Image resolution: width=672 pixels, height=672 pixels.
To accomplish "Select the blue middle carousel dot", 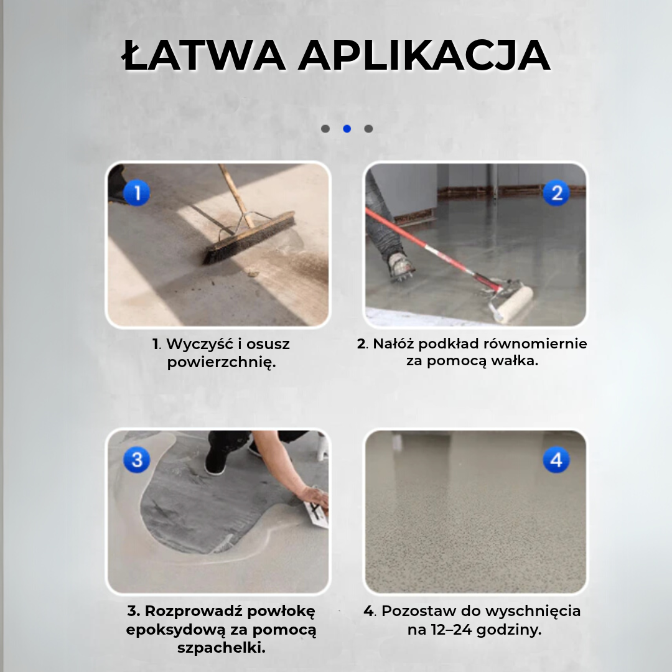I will (x=347, y=129).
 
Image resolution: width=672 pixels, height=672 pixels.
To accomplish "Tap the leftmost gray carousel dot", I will (x=325, y=129).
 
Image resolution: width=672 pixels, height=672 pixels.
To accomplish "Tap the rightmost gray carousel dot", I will (x=368, y=129).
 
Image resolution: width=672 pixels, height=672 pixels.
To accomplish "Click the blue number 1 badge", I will (x=136, y=193).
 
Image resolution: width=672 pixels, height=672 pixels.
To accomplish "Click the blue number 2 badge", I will (x=556, y=193).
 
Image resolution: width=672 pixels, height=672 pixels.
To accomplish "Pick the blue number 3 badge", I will (x=136, y=460).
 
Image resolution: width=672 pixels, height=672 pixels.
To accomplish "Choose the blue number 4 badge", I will (x=556, y=460).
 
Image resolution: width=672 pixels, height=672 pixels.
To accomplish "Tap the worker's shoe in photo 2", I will (x=400, y=264).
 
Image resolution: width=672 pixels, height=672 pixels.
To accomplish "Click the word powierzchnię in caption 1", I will (x=221, y=363).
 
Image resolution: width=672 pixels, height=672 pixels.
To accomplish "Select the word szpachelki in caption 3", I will (x=221, y=648).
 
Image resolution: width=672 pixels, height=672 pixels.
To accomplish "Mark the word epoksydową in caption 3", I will (x=175, y=629).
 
